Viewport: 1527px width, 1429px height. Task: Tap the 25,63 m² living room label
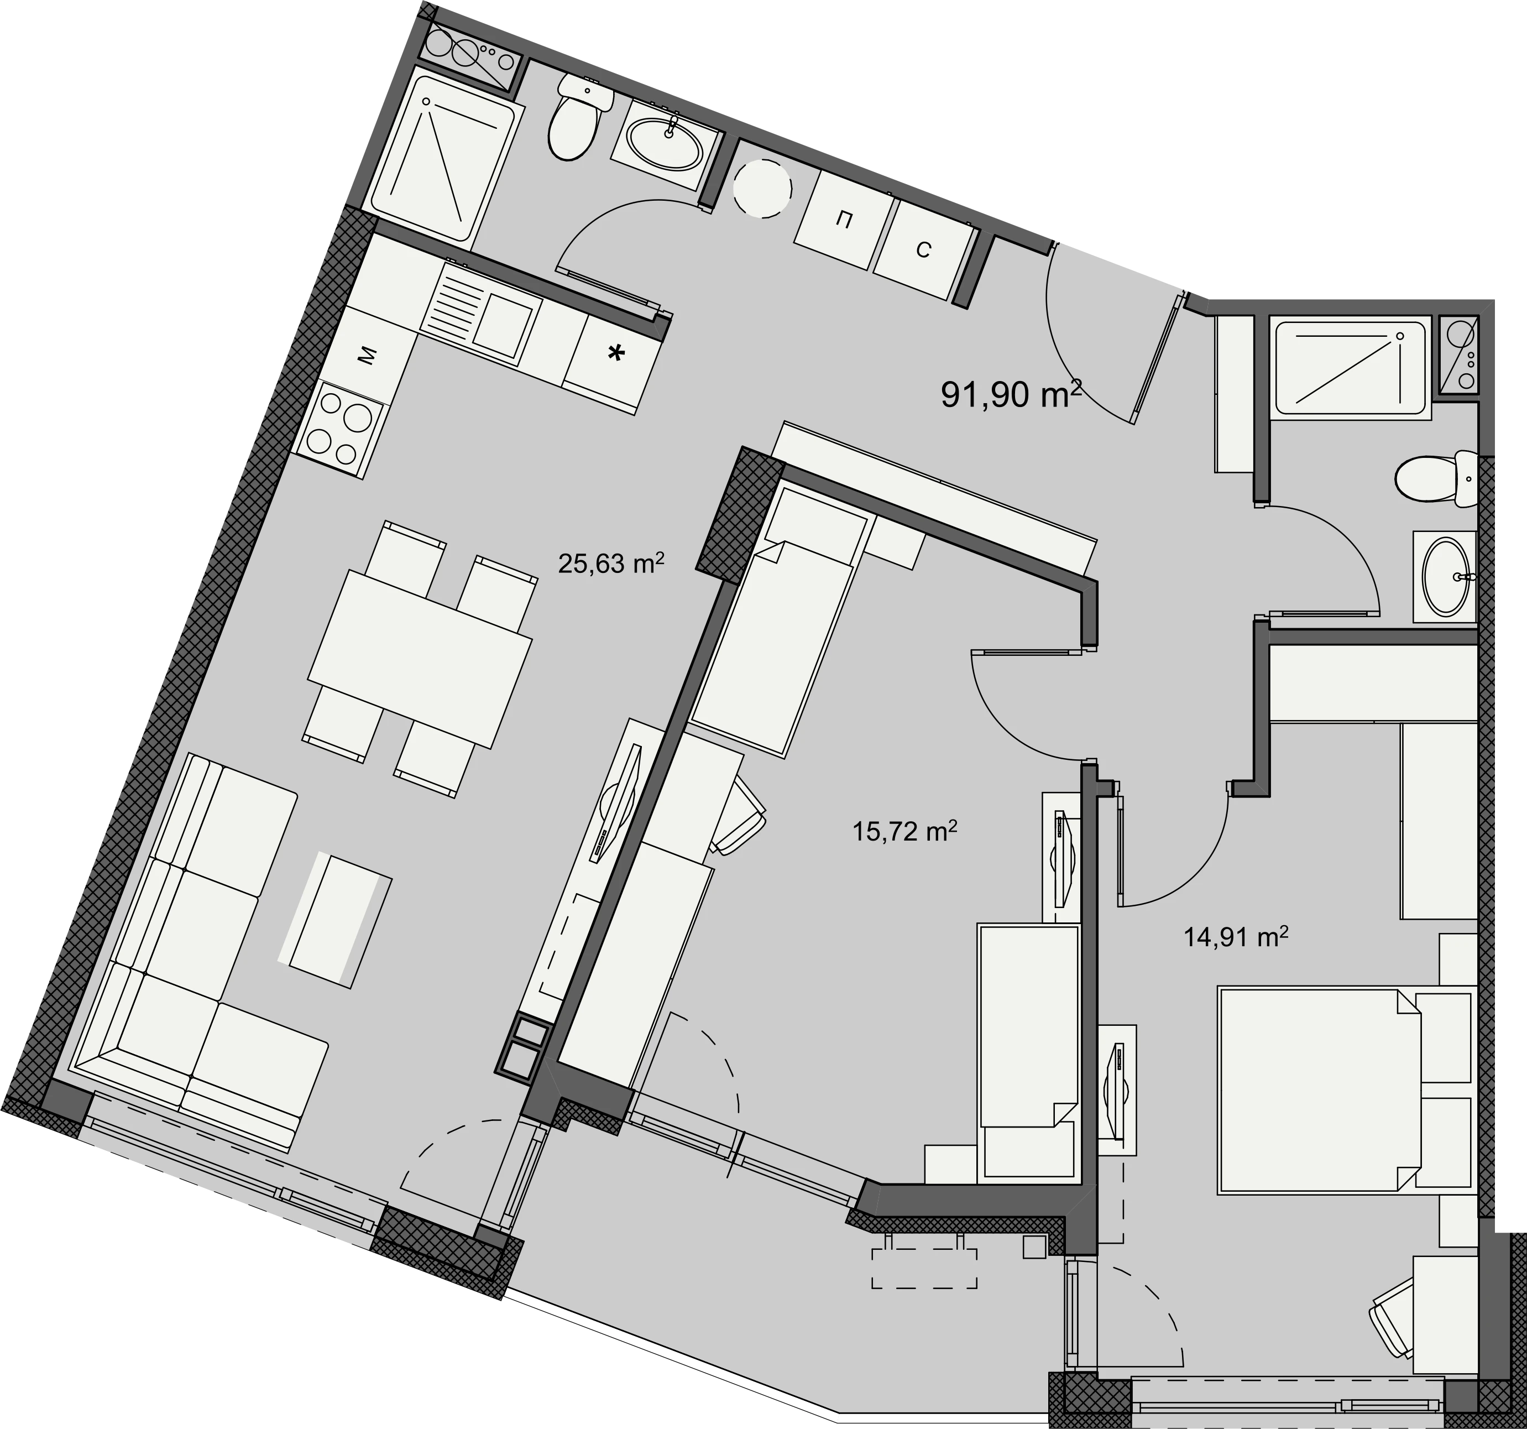pyautogui.click(x=611, y=564)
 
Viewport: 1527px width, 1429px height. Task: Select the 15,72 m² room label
pyautogui.click(x=905, y=831)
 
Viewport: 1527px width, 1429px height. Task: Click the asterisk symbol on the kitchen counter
pyautogui.click(x=616, y=354)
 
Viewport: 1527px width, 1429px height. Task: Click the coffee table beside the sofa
pyautogui.click(x=335, y=920)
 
